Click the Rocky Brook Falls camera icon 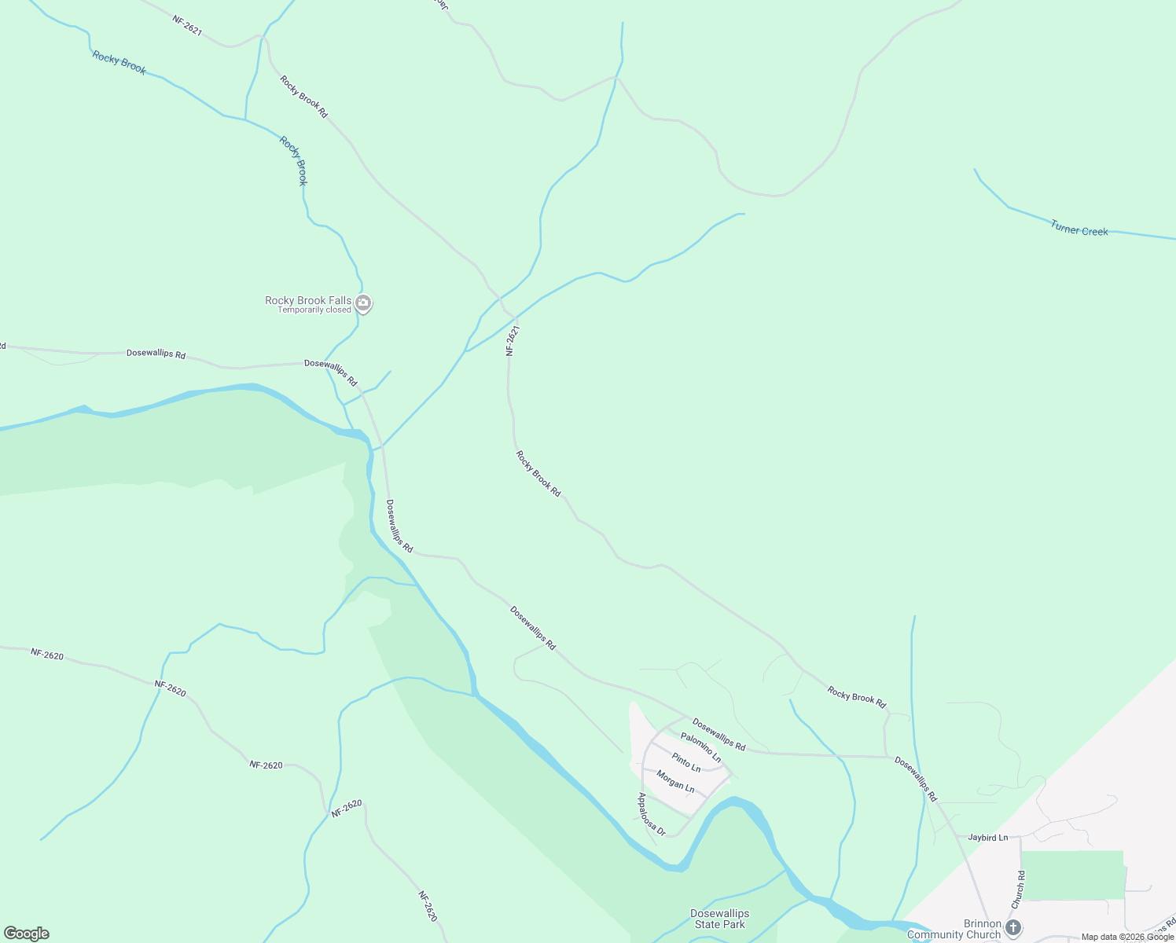pyautogui.click(x=363, y=303)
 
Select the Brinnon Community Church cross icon pyautogui.click(x=1013, y=927)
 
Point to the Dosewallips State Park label pyautogui.click(x=719, y=919)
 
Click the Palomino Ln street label pyautogui.click(x=700, y=747)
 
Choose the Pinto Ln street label pyautogui.click(x=685, y=762)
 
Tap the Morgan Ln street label pyautogui.click(x=675, y=781)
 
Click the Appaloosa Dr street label pyautogui.click(x=651, y=814)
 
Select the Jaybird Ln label pyautogui.click(x=987, y=838)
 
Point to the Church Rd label pyautogui.click(x=1019, y=890)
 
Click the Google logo pyautogui.click(x=27, y=934)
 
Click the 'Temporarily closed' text pyautogui.click(x=314, y=310)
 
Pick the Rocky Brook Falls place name pyautogui.click(x=307, y=300)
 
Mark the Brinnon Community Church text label pyautogui.click(x=954, y=929)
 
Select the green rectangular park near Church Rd pyautogui.click(x=1072, y=875)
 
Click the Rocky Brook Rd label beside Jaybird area pyautogui.click(x=856, y=697)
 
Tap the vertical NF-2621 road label pyautogui.click(x=513, y=341)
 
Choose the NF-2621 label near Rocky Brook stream pyautogui.click(x=187, y=26)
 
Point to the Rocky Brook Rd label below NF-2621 pyautogui.click(x=538, y=473)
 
